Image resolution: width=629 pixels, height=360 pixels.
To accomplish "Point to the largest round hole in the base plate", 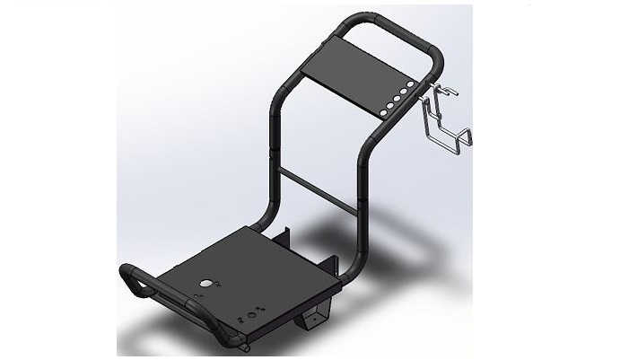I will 207,283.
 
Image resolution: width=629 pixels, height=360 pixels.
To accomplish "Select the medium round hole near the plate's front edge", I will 253,314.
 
